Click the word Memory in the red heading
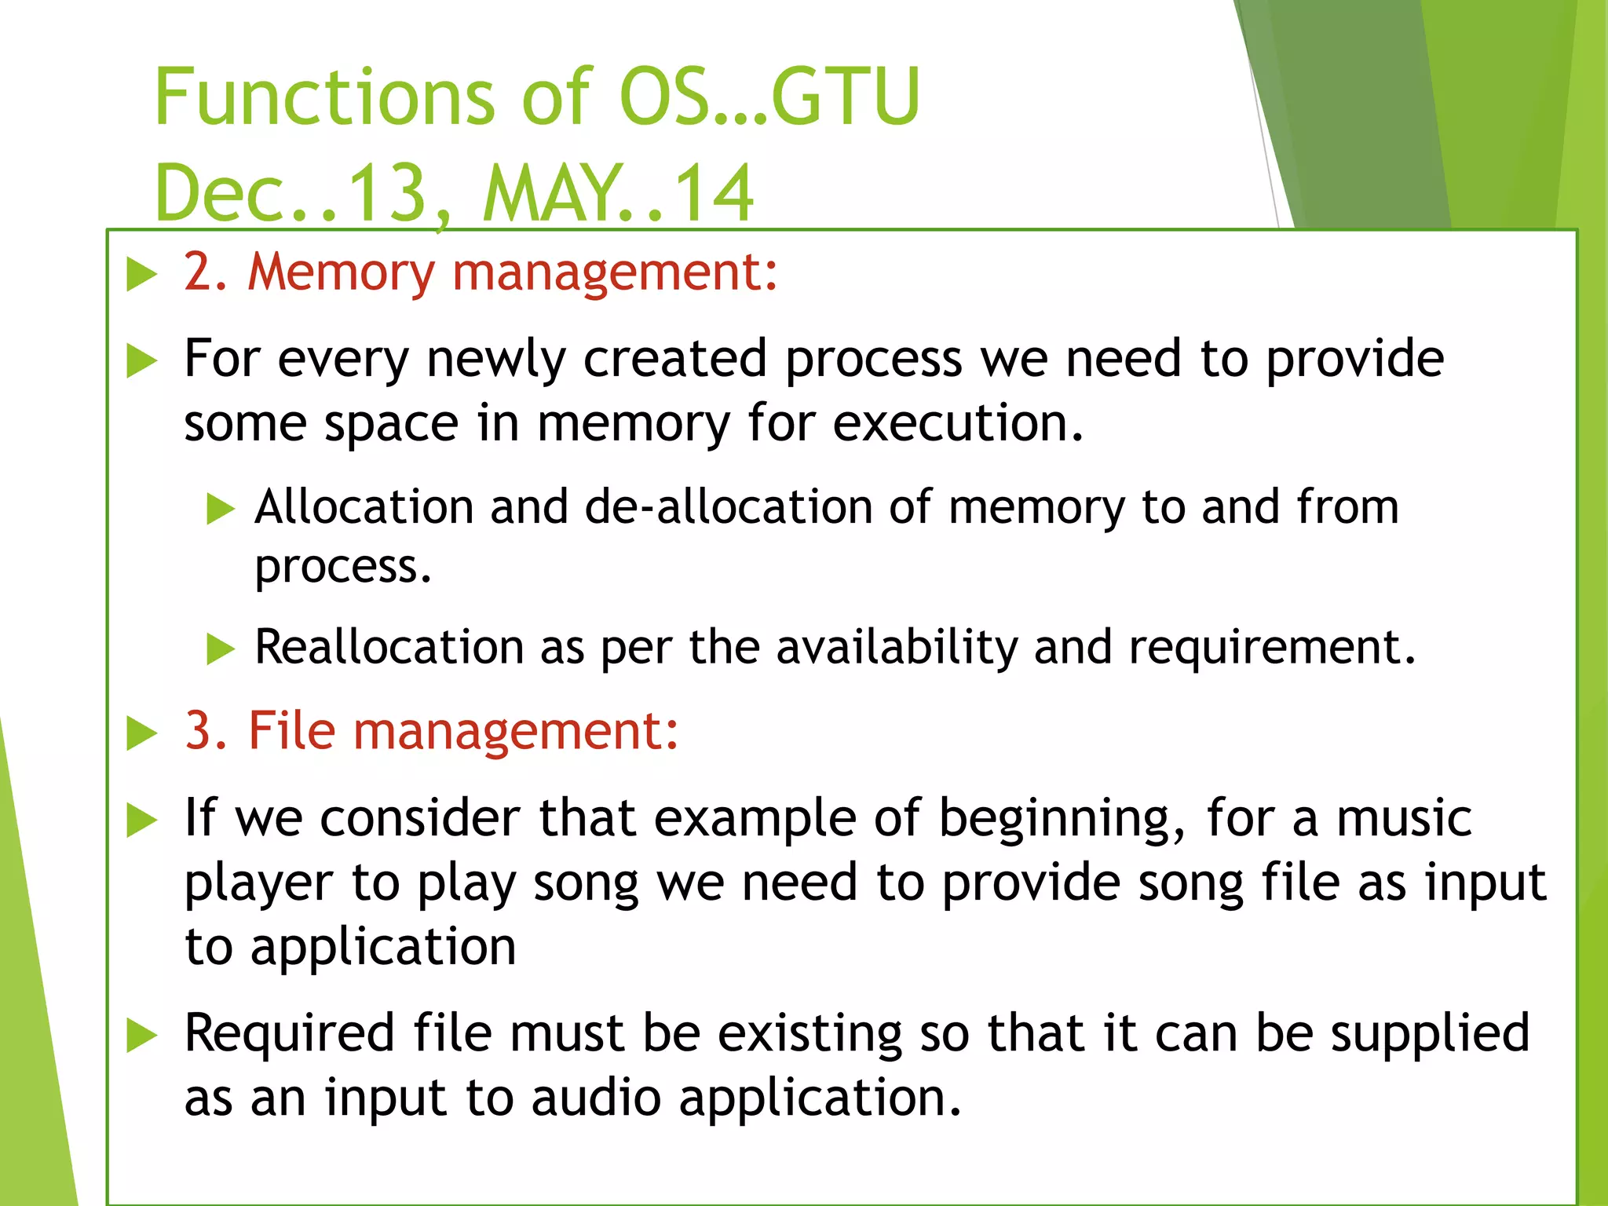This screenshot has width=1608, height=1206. click(341, 272)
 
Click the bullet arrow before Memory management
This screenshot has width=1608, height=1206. click(142, 275)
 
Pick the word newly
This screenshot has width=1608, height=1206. click(495, 359)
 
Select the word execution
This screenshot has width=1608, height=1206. click(958, 423)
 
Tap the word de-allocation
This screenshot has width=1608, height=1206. click(728, 506)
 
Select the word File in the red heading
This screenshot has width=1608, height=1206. click(291, 731)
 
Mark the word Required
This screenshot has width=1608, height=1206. click(289, 1033)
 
